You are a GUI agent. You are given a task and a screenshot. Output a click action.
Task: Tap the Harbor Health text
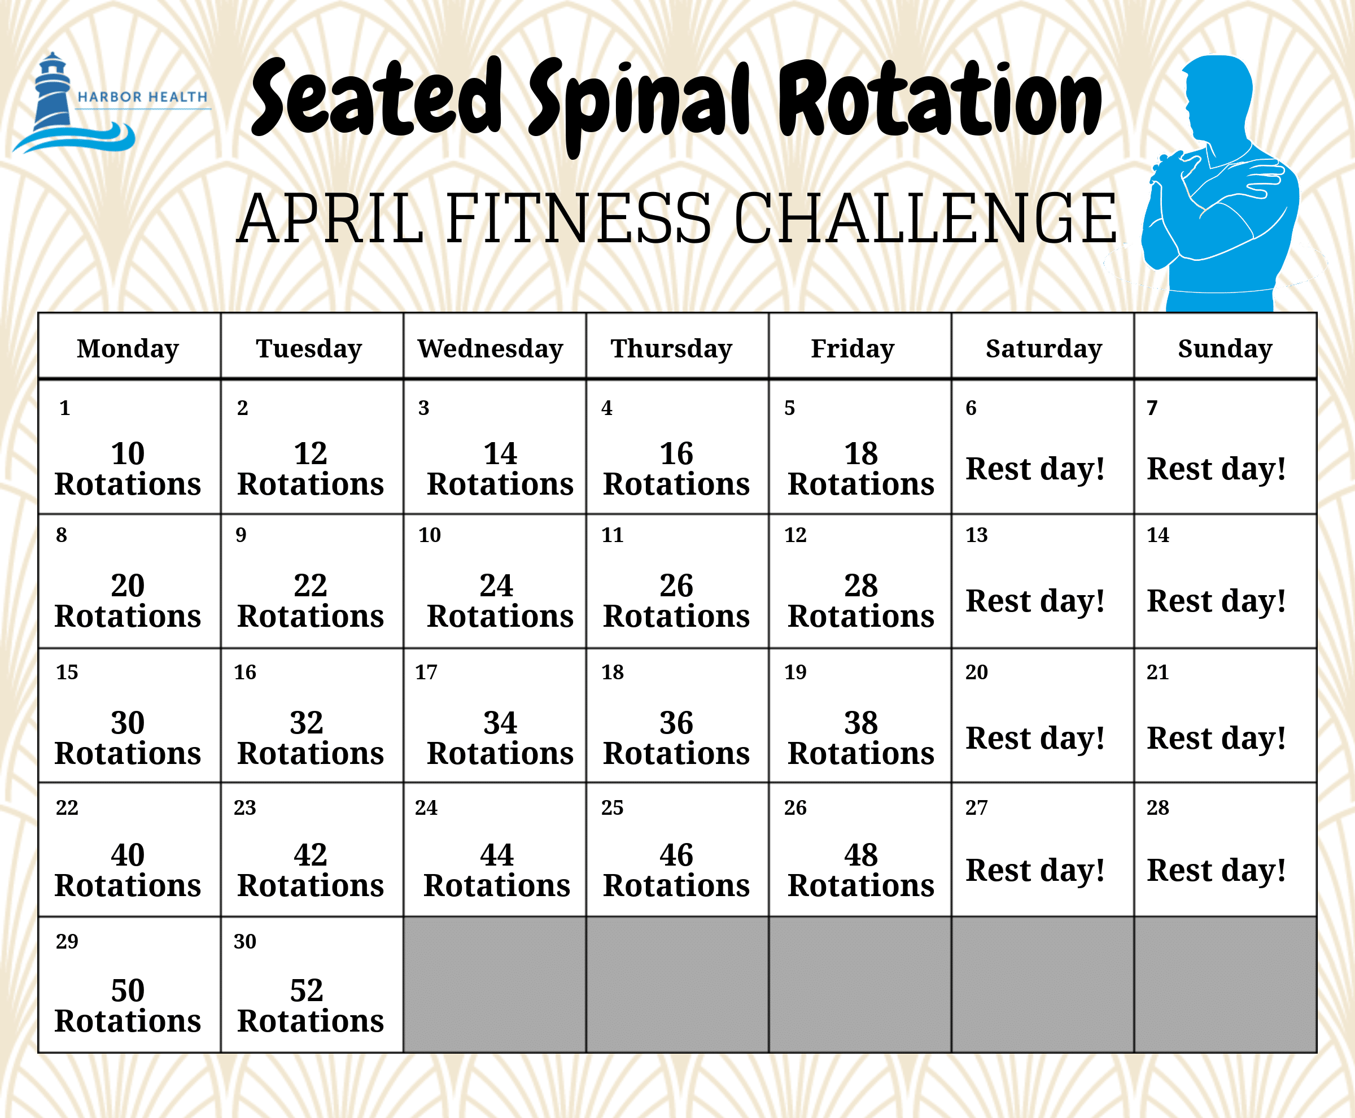(x=143, y=97)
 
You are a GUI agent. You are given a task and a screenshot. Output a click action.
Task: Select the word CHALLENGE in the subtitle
(x=925, y=219)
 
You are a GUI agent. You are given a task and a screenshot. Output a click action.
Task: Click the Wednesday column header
(x=491, y=348)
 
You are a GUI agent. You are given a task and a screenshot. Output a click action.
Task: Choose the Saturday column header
(x=1044, y=348)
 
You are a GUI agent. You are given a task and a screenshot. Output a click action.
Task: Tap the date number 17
(x=426, y=672)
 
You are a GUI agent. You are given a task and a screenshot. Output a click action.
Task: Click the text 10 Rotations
(x=128, y=468)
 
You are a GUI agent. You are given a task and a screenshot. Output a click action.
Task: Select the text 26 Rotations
(x=676, y=601)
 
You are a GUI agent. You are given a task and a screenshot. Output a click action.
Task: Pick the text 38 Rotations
(x=861, y=738)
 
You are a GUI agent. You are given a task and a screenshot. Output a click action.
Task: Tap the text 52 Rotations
(x=311, y=1005)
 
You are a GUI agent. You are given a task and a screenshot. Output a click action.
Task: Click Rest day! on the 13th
(x=1035, y=601)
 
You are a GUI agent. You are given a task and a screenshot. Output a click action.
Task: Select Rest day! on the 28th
(x=1217, y=871)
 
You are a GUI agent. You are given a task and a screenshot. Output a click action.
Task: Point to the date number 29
(x=67, y=941)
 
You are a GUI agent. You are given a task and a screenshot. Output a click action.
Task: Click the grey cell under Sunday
(x=1225, y=985)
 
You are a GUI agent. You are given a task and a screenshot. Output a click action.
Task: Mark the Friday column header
(x=853, y=348)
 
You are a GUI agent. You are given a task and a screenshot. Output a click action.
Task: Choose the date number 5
(x=789, y=408)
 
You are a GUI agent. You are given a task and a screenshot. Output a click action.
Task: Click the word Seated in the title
(x=377, y=97)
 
